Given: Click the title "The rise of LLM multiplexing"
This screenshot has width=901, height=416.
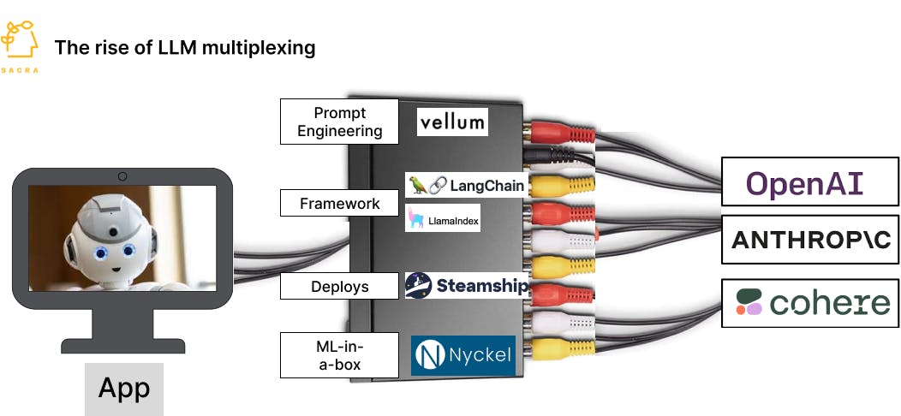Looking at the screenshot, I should [185, 47].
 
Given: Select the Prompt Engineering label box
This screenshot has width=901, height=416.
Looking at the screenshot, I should [339, 122].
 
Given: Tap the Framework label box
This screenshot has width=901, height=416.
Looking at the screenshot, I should [339, 203].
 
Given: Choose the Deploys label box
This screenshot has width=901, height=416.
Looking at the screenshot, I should [339, 287].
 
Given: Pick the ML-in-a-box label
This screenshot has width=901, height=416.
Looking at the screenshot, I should [339, 355].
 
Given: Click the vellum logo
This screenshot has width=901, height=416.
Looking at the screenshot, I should [452, 122].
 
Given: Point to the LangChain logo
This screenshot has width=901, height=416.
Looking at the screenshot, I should [466, 185].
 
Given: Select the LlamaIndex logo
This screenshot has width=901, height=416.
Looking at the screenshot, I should [443, 219].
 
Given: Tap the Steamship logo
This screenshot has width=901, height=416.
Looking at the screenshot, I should [467, 286].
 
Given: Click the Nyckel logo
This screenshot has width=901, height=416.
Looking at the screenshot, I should [463, 355].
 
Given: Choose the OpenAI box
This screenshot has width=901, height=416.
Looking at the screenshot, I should [809, 182].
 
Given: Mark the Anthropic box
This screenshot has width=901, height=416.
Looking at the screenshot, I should [810, 240].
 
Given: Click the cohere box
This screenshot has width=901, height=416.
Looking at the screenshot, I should [810, 302].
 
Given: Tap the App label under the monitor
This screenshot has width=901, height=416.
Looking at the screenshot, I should [123, 388].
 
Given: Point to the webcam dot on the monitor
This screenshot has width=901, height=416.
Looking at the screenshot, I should [122, 177].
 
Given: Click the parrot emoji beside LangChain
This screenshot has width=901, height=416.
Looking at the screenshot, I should [418, 185].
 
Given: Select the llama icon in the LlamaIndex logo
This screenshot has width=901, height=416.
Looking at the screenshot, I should [416, 219].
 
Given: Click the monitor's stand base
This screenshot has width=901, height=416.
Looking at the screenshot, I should [122, 344].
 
